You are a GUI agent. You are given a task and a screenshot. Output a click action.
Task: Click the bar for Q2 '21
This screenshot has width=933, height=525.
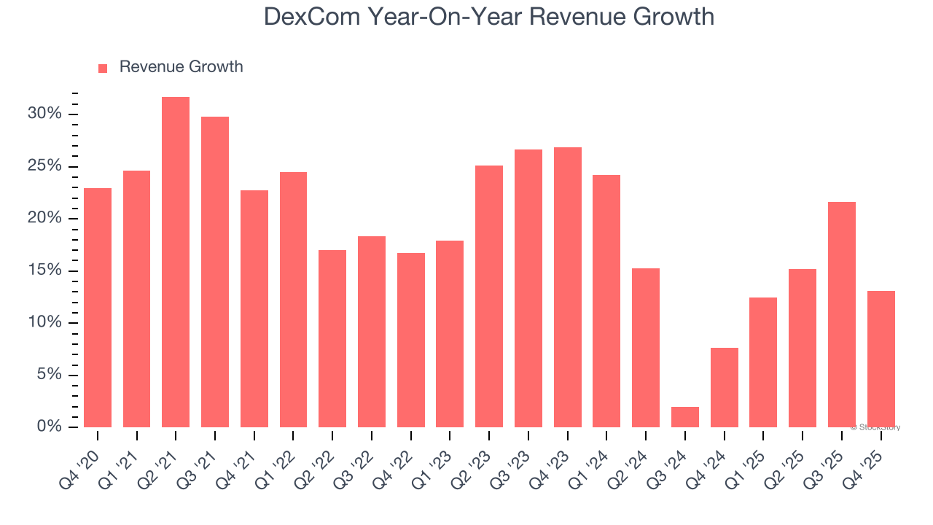click(x=176, y=262)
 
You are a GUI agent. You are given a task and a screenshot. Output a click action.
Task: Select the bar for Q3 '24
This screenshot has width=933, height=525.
click(x=685, y=417)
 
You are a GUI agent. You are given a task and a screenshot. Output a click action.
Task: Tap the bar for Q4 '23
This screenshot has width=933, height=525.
click(x=568, y=287)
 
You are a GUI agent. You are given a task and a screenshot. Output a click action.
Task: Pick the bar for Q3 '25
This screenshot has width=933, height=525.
click(x=842, y=314)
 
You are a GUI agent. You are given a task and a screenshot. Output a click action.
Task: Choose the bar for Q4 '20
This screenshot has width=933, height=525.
click(x=98, y=308)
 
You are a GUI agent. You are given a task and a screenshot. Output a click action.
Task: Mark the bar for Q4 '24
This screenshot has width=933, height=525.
click(x=725, y=387)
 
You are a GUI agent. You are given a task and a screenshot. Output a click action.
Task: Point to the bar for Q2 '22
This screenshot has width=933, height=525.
click(x=332, y=338)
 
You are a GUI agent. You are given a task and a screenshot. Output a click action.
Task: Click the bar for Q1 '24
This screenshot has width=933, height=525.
click(x=606, y=301)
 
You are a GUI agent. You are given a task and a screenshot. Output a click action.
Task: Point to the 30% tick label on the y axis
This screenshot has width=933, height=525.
click(x=44, y=114)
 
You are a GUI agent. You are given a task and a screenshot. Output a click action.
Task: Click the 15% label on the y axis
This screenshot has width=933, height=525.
click(x=44, y=271)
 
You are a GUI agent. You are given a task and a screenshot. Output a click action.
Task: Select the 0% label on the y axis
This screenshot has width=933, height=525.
click(x=49, y=427)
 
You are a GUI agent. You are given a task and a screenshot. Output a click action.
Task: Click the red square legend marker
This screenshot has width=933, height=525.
click(x=103, y=68)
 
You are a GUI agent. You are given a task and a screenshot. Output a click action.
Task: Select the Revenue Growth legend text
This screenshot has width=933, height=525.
click(x=181, y=67)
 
